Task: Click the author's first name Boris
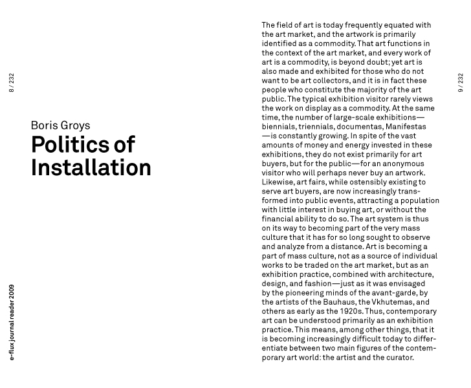[x=45, y=125]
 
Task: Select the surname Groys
[x=76, y=125]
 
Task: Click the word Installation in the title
[x=91, y=167]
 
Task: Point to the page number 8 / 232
[x=12, y=83]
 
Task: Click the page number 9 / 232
[x=461, y=83]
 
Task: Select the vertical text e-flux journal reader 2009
[x=12, y=322]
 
